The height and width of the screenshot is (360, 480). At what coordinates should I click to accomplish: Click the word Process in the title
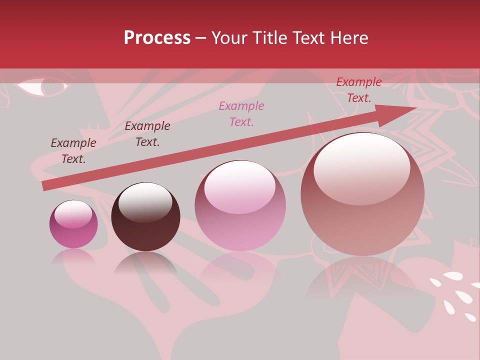point(157,38)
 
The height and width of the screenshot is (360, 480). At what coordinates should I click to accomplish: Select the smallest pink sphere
point(73,224)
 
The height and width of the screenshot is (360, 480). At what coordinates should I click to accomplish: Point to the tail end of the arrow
point(45,185)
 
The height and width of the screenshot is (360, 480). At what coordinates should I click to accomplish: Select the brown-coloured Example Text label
point(73,150)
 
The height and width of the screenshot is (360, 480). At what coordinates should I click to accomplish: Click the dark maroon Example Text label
point(147,134)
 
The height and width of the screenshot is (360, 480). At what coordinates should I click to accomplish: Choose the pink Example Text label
point(241,113)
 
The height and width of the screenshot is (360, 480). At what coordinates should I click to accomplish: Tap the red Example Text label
point(358,90)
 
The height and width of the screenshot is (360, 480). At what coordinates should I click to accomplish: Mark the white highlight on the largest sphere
point(361,167)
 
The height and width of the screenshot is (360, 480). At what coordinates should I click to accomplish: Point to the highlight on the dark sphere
point(145,201)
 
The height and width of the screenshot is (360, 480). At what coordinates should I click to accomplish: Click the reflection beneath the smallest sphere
point(73,257)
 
